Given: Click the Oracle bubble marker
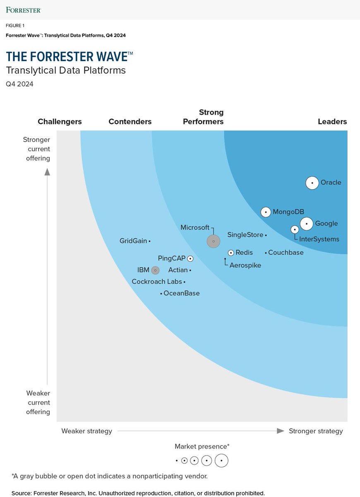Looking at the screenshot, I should tap(312, 183).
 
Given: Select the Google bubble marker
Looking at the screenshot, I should tap(307, 224).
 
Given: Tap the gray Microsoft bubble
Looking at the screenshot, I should tap(213, 241).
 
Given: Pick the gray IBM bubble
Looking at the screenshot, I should tap(155, 270).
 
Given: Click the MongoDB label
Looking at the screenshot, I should tap(288, 212).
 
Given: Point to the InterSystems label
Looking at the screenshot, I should tap(319, 239).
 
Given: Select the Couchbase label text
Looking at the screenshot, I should tap(286, 252).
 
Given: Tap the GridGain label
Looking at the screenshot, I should tap(133, 241).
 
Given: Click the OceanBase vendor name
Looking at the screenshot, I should tap(182, 293).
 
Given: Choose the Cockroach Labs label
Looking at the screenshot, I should tap(157, 282).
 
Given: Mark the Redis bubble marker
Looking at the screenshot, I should tap(231, 253).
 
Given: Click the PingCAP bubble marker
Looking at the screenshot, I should tap(190, 258).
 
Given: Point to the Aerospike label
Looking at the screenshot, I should tap(245, 265).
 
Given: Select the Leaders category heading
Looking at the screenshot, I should tap(332, 121).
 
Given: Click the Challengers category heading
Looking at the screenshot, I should tap(60, 121).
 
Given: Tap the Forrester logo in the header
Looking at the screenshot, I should tap(24, 9).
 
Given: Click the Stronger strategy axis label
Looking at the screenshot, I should tap(316, 431).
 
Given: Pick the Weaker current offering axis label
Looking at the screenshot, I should tap(38, 402).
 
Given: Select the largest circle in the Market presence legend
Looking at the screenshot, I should tap(222, 461).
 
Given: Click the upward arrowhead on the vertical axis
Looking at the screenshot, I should tap(47, 171).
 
